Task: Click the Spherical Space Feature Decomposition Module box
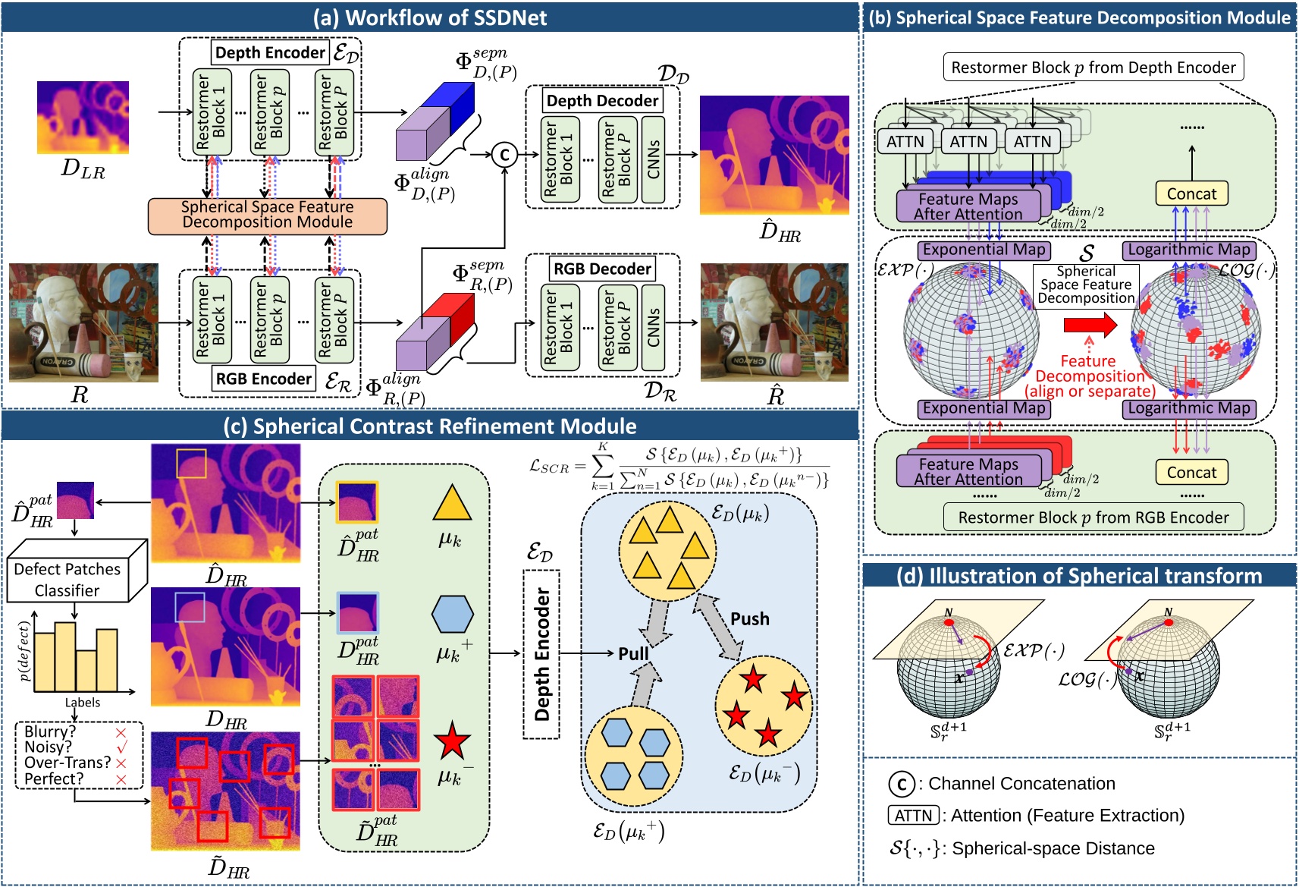[x=267, y=215]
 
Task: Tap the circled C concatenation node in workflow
[x=504, y=155]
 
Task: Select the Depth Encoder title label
[x=270, y=52]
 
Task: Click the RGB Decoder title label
[x=602, y=269]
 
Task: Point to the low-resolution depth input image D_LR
[x=83, y=118]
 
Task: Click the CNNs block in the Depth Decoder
[x=653, y=159]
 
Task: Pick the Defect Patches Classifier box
[x=68, y=580]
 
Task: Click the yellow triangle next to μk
[x=452, y=503]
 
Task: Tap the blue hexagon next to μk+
[x=452, y=614]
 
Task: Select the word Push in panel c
[x=749, y=619]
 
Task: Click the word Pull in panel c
[x=633, y=653]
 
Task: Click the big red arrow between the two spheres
[x=1090, y=325]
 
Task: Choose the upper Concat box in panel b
[x=1191, y=193]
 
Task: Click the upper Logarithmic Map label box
[x=1188, y=250]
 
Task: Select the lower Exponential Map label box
[x=984, y=408]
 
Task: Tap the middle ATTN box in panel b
[x=968, y=141]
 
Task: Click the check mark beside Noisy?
[x=121, y=747]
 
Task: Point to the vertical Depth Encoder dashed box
[x=541, y=654]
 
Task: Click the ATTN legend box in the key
[x=913, y=816]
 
